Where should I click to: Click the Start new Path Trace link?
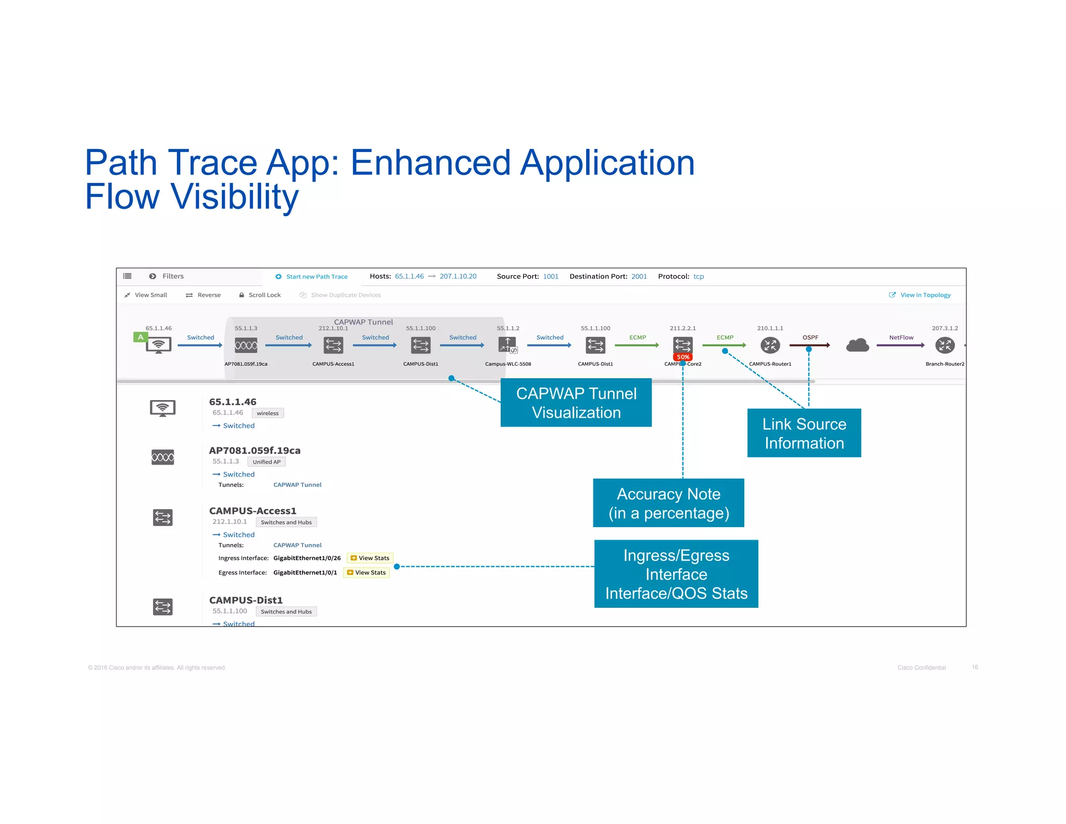click(316, 277)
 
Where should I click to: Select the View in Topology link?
click(925, 295)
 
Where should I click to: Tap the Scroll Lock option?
click(264, 295)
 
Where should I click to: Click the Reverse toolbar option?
click(208, 295)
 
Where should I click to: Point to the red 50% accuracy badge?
click(683, 357)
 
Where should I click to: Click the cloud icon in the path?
click(857, 345)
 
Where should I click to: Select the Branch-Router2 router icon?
click(945, 345)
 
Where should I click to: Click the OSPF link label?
click(810, 338)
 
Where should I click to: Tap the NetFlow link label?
click(901, 338)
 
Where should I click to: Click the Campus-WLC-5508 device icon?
click(507, 345)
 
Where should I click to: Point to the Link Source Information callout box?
click(804, 433)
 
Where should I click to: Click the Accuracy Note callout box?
click(668, 503)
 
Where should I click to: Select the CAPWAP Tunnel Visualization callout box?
click(576, 403)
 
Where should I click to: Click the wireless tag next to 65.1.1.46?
click(268, 413)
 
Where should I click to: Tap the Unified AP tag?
click(266, 461)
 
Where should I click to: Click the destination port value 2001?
click(639, 277)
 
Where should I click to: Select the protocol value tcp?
click(699, 277)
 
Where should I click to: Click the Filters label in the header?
click(173, 276)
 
